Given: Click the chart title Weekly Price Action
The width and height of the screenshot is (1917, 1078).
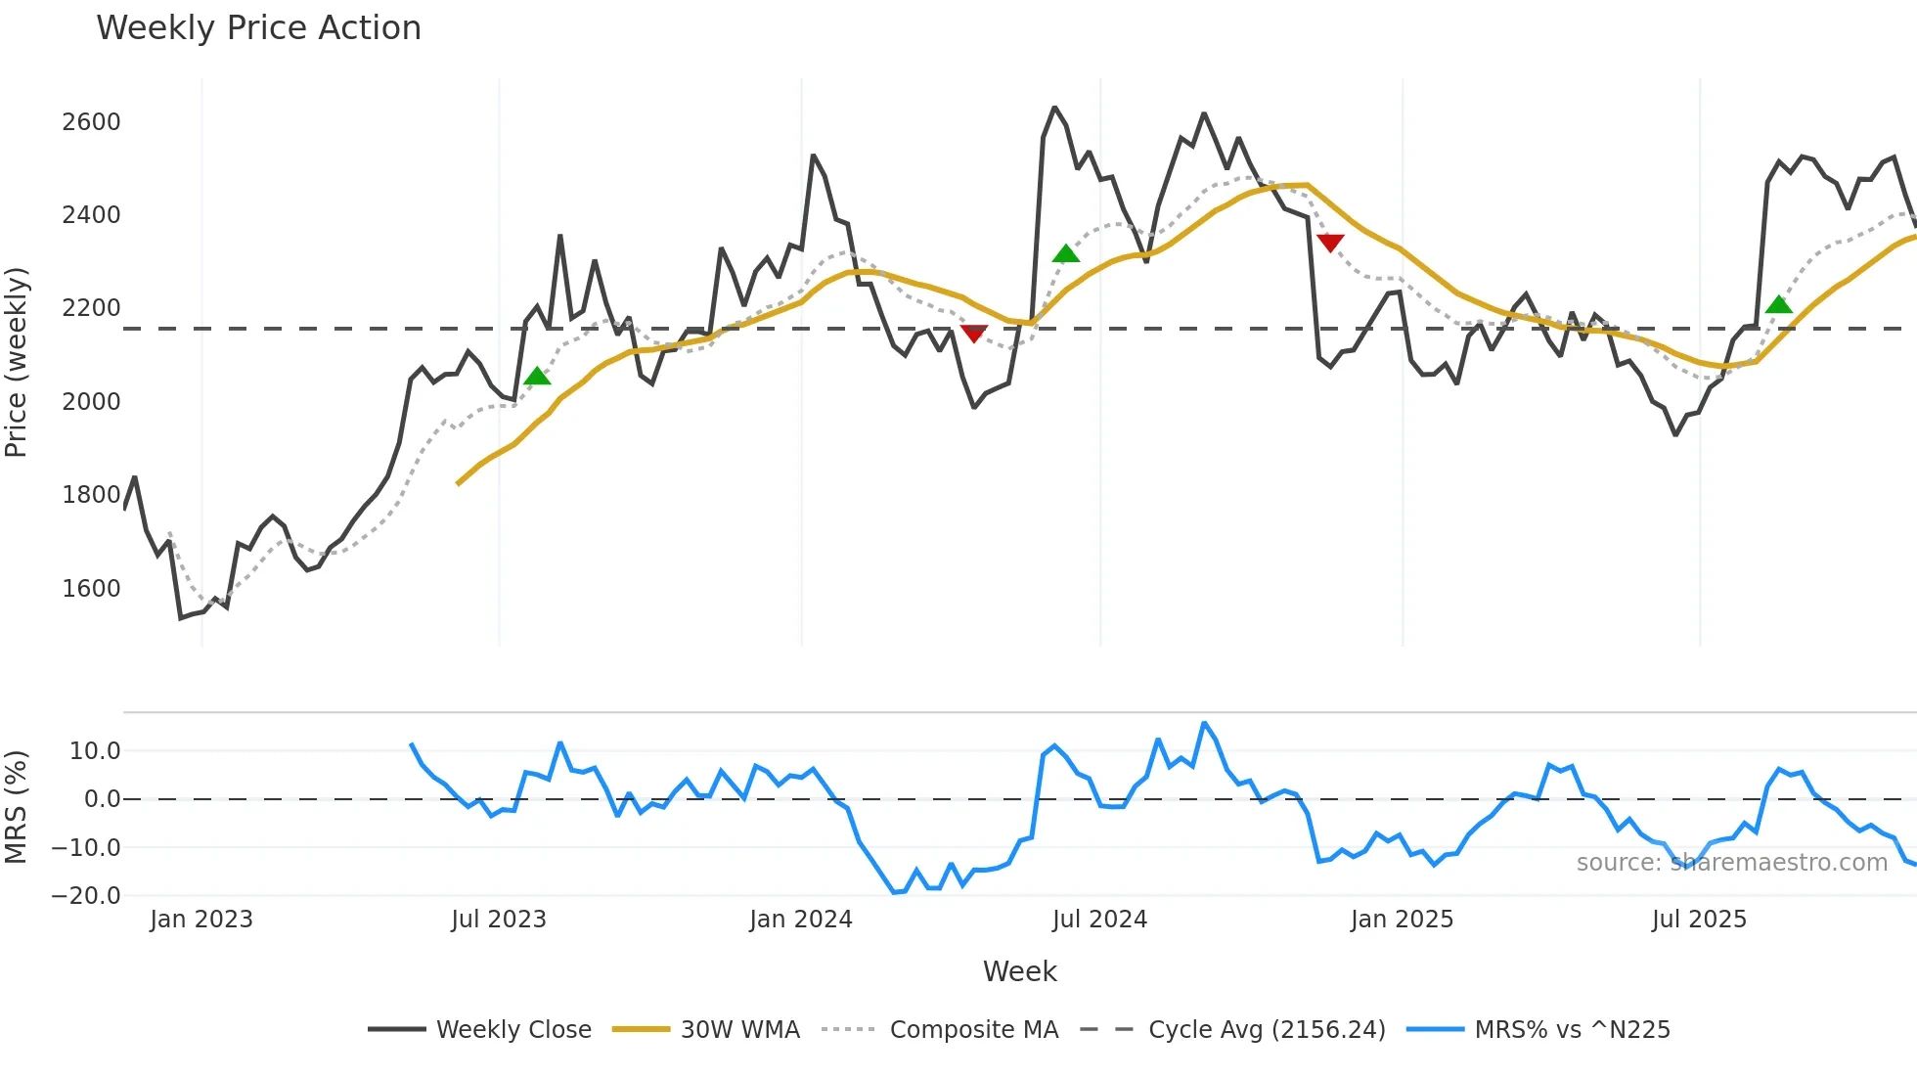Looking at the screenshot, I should pyautogui.click(x=258, y=28).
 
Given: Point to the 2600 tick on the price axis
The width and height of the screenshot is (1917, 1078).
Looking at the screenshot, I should pyautogui.click(x=91, y=122).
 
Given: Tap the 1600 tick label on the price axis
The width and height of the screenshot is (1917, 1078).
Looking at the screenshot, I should pyautogui.click(x=91, y=589).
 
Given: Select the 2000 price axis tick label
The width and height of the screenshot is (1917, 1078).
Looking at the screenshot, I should pyautogui.click(x=91, y=402).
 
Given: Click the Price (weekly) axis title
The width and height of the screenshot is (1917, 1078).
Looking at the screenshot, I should pyautogui.click(x=16, y=362).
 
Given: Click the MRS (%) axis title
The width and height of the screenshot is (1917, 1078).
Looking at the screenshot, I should pyautogui.click(x=16, y=807).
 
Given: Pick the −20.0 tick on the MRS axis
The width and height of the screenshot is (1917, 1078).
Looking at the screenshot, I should pyautogui.click(x=86, y=896).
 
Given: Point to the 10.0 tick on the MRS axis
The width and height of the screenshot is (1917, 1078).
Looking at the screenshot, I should pyautogui.click(x=95, y=751).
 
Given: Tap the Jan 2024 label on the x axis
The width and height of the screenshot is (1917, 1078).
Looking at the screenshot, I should pyautogui.click(x=800, y=920).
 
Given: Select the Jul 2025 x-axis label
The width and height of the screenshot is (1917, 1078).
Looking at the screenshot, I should pyautogui.click(x=1699, y=920).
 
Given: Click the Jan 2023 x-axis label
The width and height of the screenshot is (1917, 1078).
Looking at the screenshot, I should pyautogui.click(x=201, y=920).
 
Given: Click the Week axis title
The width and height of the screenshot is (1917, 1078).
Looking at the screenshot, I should pyautogui.click(x=1019, y=971).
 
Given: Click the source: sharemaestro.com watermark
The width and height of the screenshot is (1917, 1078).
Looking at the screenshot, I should pyautogui.click(x=1731, y=863).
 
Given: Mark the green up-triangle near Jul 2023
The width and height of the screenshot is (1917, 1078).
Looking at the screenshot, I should pyautogui.click(x=537, y=377).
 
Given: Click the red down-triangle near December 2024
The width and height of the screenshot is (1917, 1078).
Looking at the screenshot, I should pyautogui.click(x=1330, y=242).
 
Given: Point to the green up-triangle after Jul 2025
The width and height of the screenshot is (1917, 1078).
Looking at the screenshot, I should pyautogui.click(x=1778, y=305).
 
